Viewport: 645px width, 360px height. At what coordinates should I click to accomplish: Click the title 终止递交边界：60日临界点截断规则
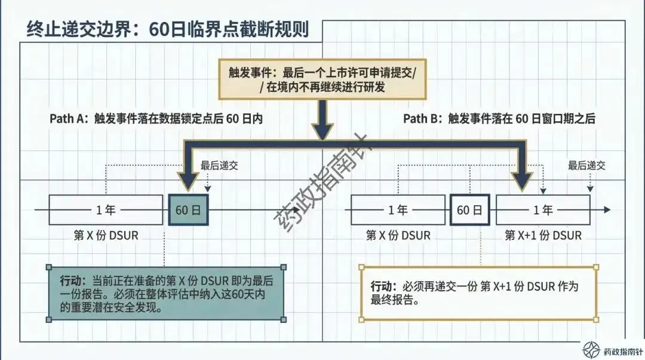tap(168, 29)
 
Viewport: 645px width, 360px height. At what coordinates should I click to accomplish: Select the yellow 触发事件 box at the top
tap(322, 79)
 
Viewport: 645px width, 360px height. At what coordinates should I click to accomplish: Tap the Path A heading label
tap(156, 118)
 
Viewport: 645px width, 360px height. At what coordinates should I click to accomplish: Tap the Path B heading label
tap(499, 118)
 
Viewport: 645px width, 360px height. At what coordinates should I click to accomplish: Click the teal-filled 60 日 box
tap(189, 210)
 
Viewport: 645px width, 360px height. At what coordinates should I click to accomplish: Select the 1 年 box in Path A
tap(105, 210)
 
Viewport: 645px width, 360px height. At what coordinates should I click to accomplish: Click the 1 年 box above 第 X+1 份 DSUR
tap(543, 210)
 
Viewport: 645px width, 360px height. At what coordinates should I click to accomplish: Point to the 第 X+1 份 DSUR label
tap(543, 235)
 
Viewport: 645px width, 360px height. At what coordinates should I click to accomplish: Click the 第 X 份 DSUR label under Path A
tap(105, 235)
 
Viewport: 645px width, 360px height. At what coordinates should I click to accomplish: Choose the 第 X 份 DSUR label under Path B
tap(398, 235)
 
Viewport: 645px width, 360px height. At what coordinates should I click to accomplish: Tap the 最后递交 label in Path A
tap(219, 166)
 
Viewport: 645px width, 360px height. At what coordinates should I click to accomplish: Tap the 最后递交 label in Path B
tap(586, 166)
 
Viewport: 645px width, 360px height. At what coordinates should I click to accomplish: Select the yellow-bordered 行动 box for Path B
tap(478, 293)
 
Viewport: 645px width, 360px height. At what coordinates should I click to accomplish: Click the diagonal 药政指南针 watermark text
tap(322, 185)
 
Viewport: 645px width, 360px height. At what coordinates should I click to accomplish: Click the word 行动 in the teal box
tap(73, 281)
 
